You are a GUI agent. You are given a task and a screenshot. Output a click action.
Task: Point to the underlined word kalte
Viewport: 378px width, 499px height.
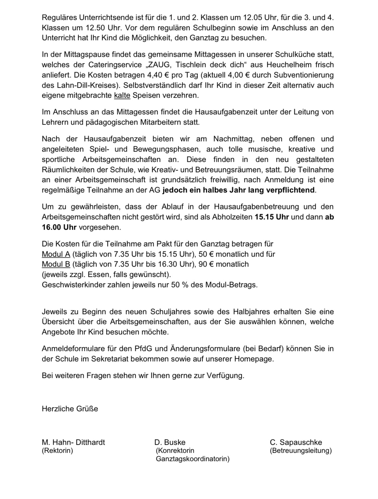click(x=122, y=96)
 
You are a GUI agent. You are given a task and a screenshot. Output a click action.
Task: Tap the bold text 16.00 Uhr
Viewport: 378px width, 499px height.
click(x=59, y=228)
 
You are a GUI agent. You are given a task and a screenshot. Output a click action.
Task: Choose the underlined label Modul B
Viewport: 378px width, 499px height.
click(x=56, y=265)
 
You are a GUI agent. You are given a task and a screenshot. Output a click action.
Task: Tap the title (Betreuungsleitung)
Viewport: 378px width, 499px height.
click(x=301, y=451)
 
